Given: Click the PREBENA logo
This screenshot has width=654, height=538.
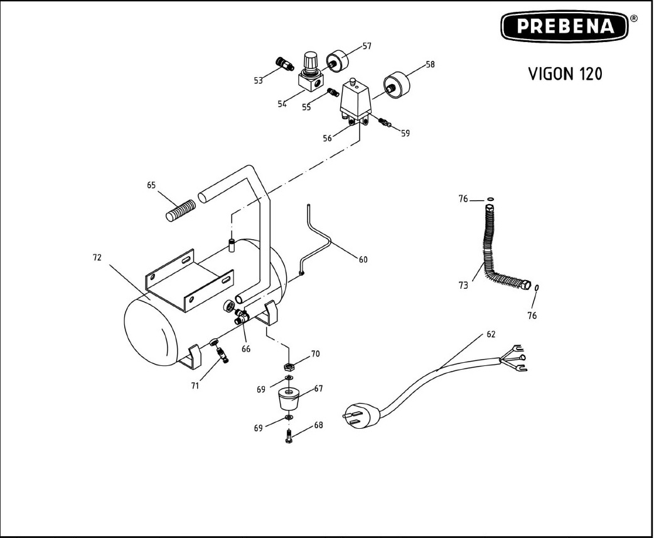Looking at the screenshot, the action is (x=564, y=26).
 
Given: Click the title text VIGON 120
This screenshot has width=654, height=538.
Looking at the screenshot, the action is (x=565, y=74).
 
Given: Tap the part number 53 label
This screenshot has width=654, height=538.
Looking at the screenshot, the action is (x=259, y=80).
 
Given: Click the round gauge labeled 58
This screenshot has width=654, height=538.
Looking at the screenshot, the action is (x=397, y=85).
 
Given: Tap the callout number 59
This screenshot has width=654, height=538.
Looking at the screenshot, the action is (x=405, y=134).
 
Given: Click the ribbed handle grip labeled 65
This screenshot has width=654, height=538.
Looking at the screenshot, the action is (x=181, y=210).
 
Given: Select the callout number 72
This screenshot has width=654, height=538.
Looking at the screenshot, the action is (x=97, y=258).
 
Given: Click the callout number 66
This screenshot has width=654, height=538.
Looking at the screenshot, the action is (x=246, y=349).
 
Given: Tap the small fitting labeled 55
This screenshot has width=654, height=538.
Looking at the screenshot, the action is (x=333, y=92).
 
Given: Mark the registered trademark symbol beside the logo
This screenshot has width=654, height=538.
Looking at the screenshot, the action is (x=633, y=19).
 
